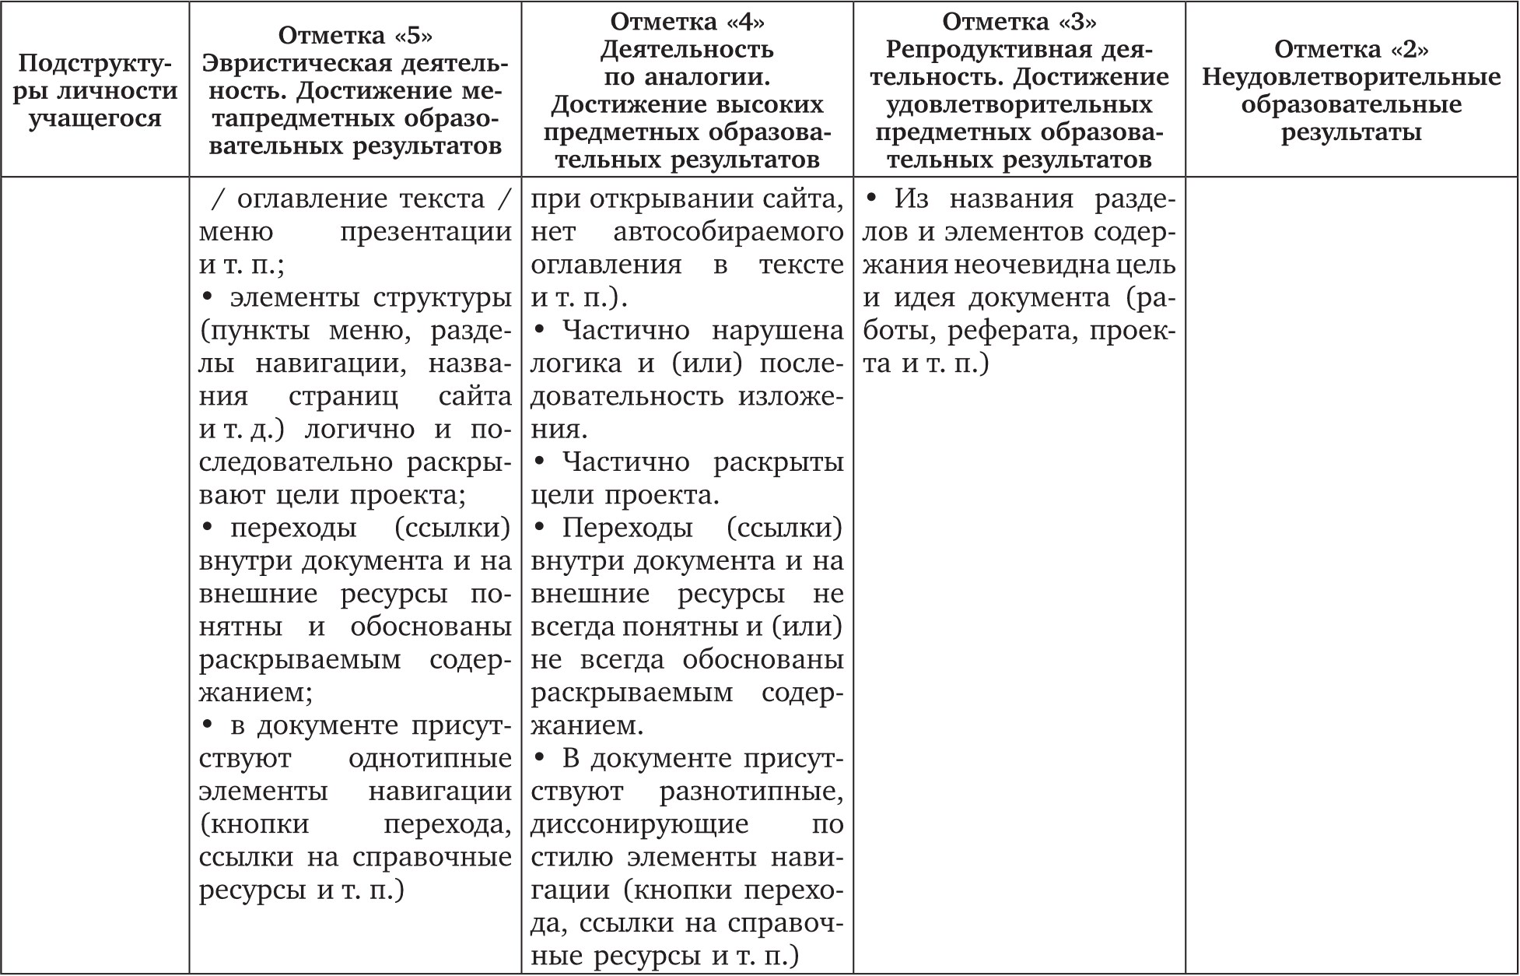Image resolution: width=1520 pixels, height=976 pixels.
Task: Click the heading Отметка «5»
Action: point(355,35)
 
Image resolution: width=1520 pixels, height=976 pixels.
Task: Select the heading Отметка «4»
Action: point(687,21)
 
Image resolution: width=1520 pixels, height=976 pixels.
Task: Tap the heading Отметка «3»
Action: point(1019,21)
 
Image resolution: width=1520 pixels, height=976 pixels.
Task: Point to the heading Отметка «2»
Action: point(1351,49)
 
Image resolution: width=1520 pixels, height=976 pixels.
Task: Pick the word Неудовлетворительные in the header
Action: point(1351,77)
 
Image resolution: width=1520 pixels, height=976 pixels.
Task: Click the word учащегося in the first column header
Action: point(95,119)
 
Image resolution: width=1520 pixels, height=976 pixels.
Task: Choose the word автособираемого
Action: point(728,232)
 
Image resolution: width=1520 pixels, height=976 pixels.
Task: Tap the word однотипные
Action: point(430,758)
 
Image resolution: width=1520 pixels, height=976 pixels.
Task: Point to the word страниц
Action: point(342,396)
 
